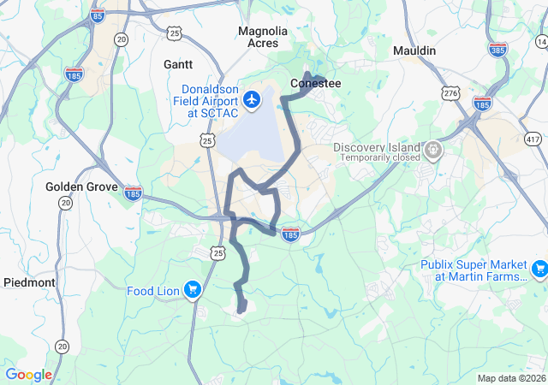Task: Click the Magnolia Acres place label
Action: coord(263,38)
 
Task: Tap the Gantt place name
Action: coord(178,64)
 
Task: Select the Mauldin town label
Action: coord(414,51)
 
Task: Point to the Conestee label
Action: coord(315,84)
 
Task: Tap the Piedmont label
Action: coord(29,282)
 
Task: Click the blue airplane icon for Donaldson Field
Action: coord(252,100)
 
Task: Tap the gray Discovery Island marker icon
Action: coord(434,151)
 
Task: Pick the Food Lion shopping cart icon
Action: coord(193,291)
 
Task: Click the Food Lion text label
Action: coord(153,291)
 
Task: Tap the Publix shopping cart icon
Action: coord(539,270)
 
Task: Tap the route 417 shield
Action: coord(533,139)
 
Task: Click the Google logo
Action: coord(29,375)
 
